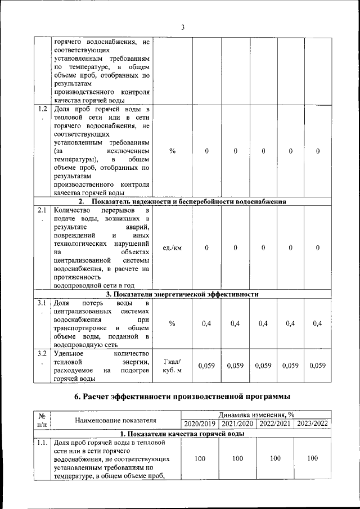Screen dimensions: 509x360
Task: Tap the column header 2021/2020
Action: tap(237, 424)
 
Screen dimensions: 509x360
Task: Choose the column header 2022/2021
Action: tap(275, 424)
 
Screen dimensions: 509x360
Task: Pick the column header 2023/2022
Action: tap(313, 424)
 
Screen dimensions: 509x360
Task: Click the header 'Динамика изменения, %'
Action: tap(256, 415)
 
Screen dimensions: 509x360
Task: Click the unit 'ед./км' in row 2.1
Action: tap(172, 247)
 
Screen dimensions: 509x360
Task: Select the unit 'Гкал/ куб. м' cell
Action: tap(172, 366)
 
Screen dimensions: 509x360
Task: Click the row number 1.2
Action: tap(42, 109)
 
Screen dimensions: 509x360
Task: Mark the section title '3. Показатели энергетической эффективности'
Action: tap(182, 294)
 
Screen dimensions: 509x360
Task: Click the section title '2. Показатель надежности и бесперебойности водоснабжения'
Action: tap(182, 201)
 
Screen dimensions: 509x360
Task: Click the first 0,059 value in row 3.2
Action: tap(207, 366)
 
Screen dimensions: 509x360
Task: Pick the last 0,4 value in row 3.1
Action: tap(317, 323)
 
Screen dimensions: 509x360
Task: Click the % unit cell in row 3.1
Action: tap(172, 323)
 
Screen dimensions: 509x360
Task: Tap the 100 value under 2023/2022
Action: tap(313, 458)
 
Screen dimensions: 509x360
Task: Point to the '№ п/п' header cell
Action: tap(42, 419)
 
